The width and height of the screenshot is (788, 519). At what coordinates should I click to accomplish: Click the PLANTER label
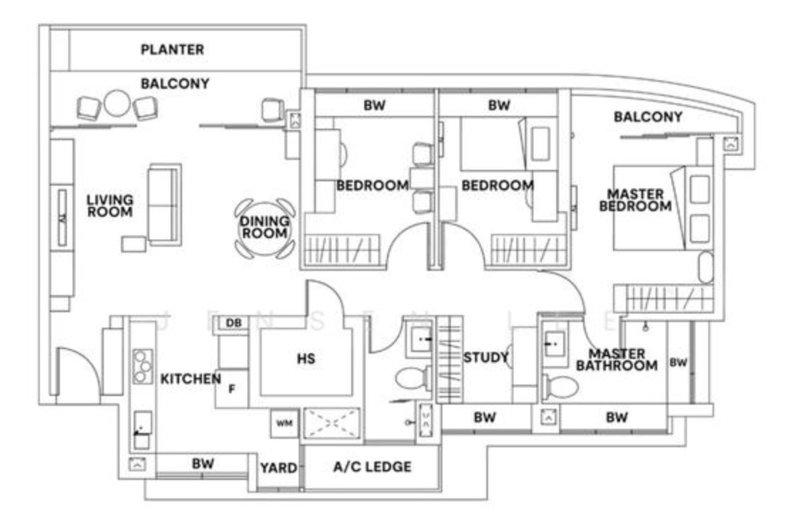coord(172,50)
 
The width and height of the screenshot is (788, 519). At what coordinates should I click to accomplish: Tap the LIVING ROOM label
coord(110,205)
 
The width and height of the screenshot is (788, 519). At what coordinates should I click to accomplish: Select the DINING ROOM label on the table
coord(265,228)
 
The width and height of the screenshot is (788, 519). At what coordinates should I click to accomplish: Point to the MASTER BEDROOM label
coord(635,200)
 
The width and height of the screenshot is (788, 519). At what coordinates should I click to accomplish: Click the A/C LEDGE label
coord(372,467)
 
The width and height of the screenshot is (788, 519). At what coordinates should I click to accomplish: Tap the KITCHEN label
coord(190,379)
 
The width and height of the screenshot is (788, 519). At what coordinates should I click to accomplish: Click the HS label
coord(306,360)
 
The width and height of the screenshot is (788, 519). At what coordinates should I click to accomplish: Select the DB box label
coord(233,323)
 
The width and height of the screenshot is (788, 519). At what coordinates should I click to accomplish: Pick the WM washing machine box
coord(284,424)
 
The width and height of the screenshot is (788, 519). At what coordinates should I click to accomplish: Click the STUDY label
coord(486,357)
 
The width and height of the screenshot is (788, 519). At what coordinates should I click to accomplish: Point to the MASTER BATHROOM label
coord(617,360)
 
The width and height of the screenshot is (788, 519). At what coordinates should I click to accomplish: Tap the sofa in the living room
coord(164,203)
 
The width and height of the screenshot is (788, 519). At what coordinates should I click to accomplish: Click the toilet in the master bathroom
coord(560,387)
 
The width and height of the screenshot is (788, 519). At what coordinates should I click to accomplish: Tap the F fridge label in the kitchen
coord(231,389)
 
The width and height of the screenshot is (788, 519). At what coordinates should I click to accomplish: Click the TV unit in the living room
coord(62,218)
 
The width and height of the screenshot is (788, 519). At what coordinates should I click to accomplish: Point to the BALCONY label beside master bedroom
coord(648,117)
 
